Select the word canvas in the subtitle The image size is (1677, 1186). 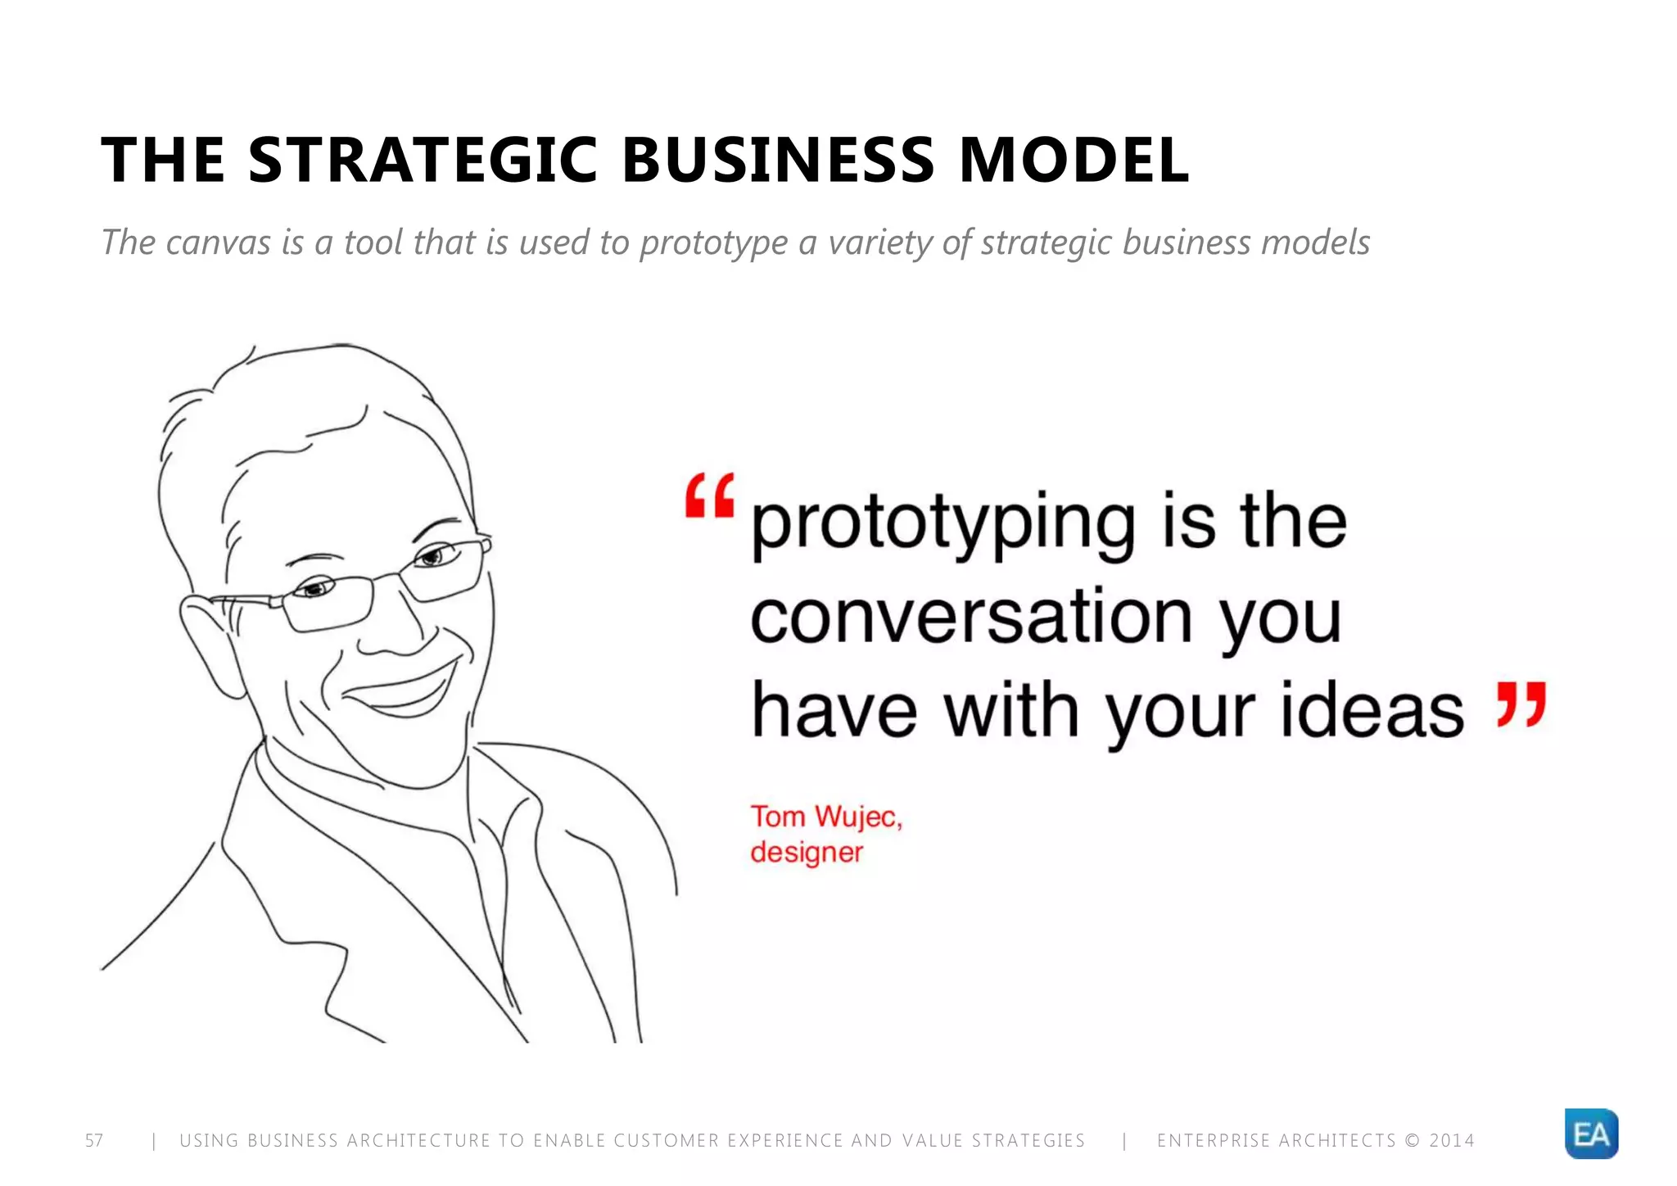coord(218,242)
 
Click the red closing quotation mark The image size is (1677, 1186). coord(1521,704)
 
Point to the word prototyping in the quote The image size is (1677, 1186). coord(942,524)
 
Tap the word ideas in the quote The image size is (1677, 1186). coord(1372,710)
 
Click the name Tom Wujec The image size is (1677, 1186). coord(825,817)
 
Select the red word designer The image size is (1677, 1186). coord(807,853)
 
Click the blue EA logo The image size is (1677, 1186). coord(1591,1134)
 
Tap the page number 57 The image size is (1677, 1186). coord(94,1141)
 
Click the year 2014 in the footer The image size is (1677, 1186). coord(1452,1141)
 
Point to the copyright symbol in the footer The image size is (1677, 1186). coord(1412,1141)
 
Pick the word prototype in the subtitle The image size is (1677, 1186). coord(713,243)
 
